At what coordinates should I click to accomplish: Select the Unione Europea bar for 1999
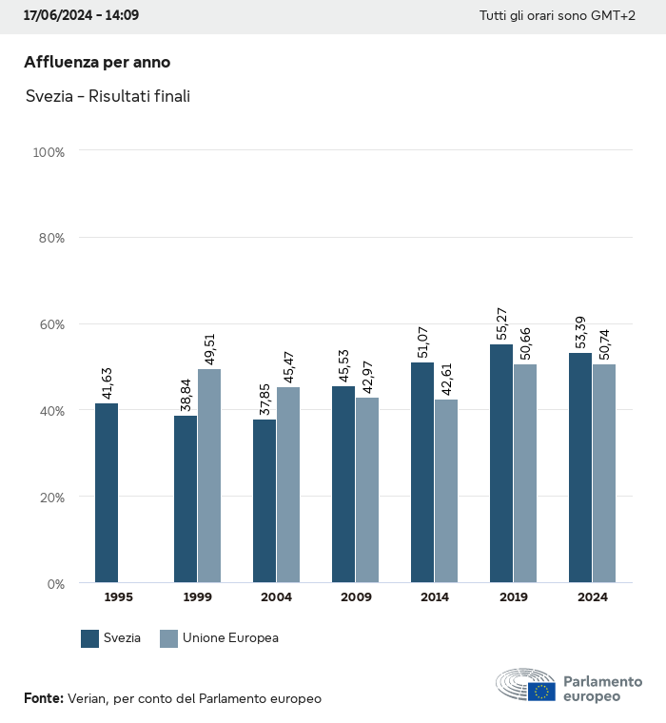[x=209, y=476]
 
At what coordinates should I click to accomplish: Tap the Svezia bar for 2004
[x=264, y=501]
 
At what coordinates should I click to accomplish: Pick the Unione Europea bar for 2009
[x=367, y=490]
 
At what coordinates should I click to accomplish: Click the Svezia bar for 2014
[x=422, y=473]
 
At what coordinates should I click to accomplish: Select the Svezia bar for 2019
[x=501, y=463]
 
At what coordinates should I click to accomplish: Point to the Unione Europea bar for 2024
[x=604, y=473]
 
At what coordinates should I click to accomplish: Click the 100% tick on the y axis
[x=49, y=151]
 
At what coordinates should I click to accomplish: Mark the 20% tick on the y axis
[x=50, y=497]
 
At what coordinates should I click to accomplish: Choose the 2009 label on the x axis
[x=356, y=597]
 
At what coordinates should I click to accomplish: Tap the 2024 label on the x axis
[x=593, y=597]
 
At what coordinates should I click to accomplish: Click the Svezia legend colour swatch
[x=90, y=638]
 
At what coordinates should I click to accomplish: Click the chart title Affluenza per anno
[x=97, y=63]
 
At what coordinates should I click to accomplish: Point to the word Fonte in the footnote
[x=43, y=698]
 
